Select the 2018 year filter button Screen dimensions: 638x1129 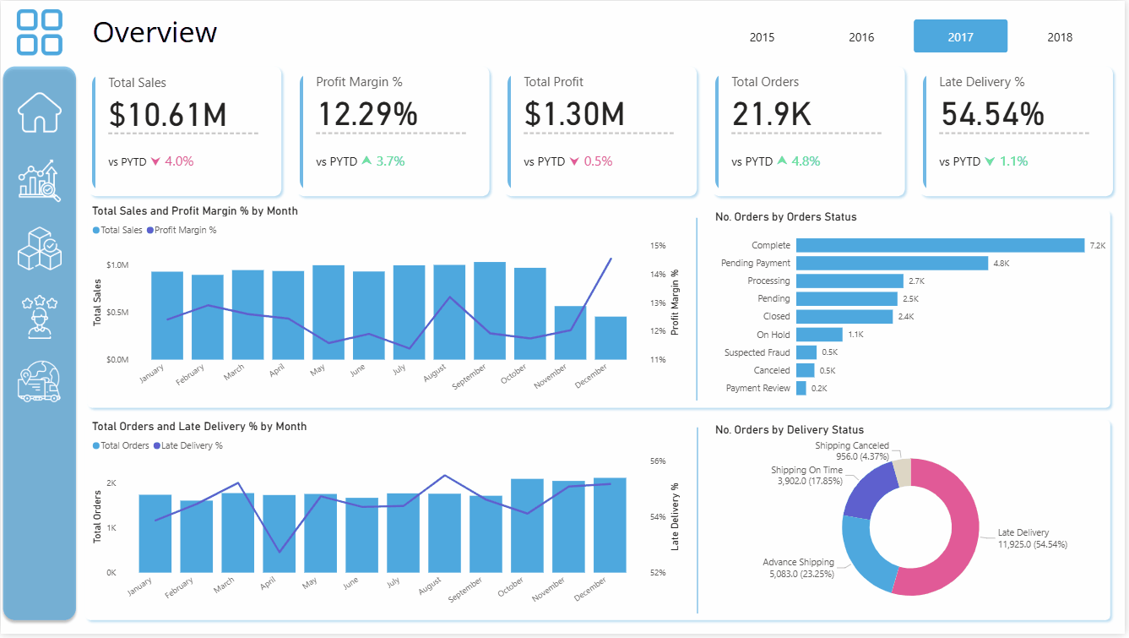[x=1059, y=36]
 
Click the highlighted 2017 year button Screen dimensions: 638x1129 [x=960, y=36]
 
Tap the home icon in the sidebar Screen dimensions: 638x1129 [x=40, y=112]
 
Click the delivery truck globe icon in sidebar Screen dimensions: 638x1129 [x=40, y=381]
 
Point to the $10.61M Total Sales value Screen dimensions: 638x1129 [x=167, y=114]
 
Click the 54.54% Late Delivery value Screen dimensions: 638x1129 [x=992, y=114]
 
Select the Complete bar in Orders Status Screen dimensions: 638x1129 [x=939, y=245]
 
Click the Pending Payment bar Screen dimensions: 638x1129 [x=891, y=263]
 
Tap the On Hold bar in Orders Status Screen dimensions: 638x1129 [x=818, y=335]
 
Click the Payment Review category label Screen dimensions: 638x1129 [x=757, y=388]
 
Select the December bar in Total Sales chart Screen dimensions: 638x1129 [x=611, y=338]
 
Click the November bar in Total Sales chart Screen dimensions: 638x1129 [x=570, y=333]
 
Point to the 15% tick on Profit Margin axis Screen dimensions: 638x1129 [x=658, y=246]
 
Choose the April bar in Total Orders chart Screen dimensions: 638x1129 [x=279, y=534]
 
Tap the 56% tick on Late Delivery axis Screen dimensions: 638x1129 [x=658, y=461]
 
